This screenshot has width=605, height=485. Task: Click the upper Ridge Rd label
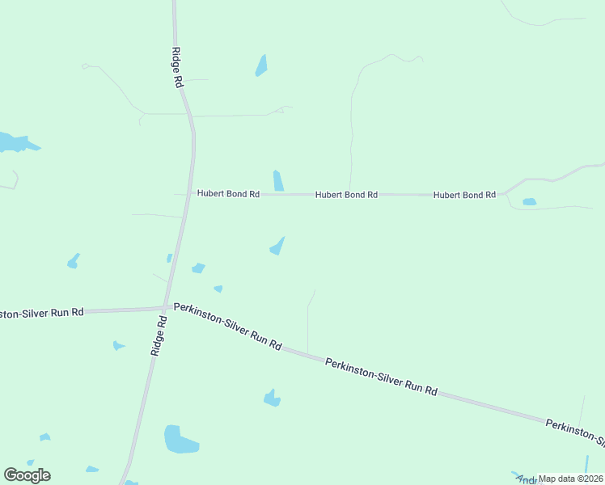click(177, 67)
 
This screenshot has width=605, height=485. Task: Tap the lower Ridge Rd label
click(159, 335)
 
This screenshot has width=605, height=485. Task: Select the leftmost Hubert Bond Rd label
click(227, 195)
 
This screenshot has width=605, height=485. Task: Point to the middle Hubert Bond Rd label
click(346, 195)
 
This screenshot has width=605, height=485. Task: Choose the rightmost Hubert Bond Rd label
click(464, 195)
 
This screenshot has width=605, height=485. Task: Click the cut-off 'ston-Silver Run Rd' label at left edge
click(42, 312)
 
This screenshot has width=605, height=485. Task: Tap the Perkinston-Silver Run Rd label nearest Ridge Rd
click(227, 327)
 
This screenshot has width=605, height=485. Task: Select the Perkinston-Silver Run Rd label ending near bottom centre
click(381, 377)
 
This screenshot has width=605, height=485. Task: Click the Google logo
click(27, 475)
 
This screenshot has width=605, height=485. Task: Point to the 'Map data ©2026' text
click(570, 479)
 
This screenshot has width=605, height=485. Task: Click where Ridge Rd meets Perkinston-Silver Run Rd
click(165, 307)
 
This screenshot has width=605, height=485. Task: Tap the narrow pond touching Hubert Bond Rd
click(278, 181)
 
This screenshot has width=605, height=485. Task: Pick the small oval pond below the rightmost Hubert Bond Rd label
click(529, 201)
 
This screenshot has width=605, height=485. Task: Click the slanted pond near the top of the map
click(261, 65)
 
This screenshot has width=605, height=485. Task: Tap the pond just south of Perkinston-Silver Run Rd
click(272, 398)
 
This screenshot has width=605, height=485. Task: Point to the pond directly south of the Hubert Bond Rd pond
click(277, 246)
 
